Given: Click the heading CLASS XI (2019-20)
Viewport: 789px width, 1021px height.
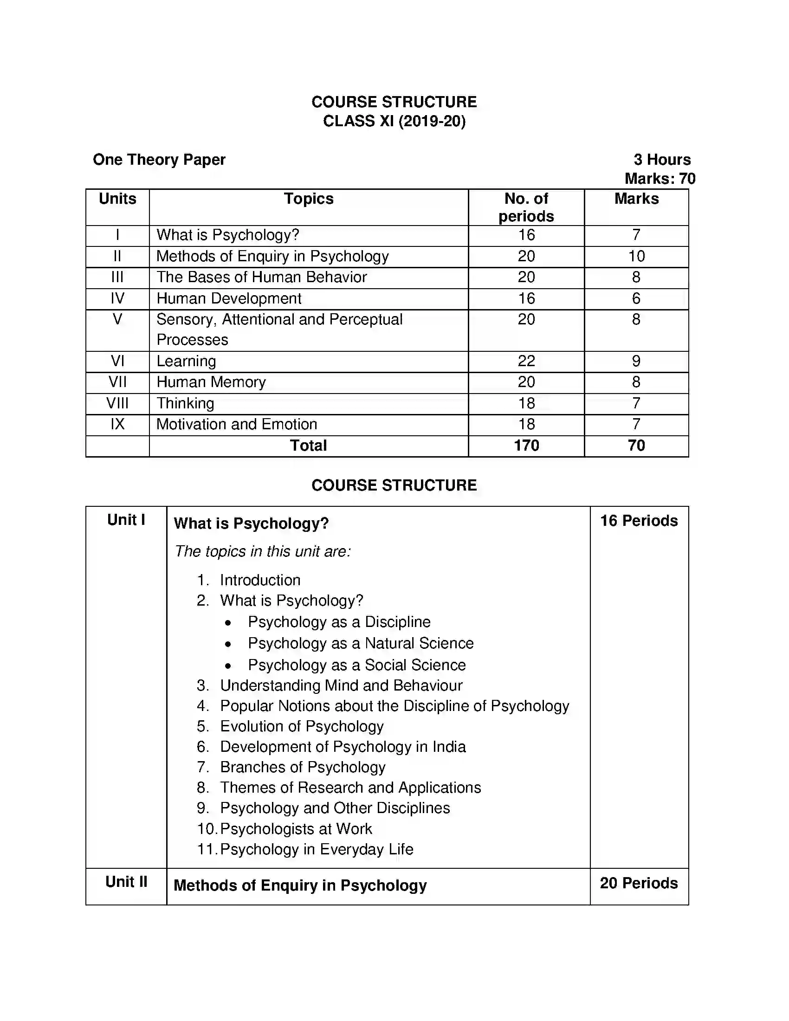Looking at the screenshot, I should pyautogui.click(x=394, y=121).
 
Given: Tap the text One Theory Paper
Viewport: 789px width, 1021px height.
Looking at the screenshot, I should pyautogui.click(x=159, y=160).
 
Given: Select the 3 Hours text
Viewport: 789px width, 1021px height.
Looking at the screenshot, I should pyautogui.click(x=662, y=160).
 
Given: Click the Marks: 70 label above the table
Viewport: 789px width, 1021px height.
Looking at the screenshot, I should pyautogui.click(x=660, y=179).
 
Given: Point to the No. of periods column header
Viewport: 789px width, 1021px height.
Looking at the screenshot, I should pyautogui.click(x=526, y=207).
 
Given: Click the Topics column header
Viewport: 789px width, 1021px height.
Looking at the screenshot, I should pyautogui.click(x=309, y=199).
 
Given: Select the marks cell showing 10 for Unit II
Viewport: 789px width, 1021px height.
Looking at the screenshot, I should pyautogui.click(x=636, y=256).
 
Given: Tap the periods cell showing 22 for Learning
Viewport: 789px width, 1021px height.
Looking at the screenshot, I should pyautogui.click(x=526, y=362).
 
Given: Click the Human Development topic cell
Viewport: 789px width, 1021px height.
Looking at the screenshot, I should pyautogui.click(x=228, y=299).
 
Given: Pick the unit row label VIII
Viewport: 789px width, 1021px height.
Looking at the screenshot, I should pyautogui.click(x=117, y=403).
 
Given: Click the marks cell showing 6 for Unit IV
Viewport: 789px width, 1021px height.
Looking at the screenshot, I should pyautogui.click(x=636, y=299).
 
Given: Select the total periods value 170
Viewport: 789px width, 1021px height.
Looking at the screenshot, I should pyautogui.click(x=526, y=446).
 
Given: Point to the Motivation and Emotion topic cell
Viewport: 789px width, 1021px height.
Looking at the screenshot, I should pyautogui.click(x=237, y=425).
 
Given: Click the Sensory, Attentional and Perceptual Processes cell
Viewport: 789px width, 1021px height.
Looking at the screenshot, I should pyautogui.click(x=279, y=330).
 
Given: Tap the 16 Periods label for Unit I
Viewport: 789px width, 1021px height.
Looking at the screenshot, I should pyautogui.click(x=639, y=521).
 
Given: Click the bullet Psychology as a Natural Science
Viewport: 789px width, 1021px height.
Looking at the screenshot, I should pyautogui.click(x=360, y=644).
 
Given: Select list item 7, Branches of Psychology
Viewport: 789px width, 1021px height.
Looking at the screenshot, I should pyautogui.click(x=303, y=768).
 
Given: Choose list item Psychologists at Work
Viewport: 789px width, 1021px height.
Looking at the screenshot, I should pyautogui.click(x=296, y=829).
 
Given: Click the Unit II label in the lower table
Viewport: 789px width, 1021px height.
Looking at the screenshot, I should pyautogui.click(x=126, y=882).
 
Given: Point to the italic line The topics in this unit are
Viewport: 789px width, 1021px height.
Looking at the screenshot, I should pyautogui.click(x=262, y=552).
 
